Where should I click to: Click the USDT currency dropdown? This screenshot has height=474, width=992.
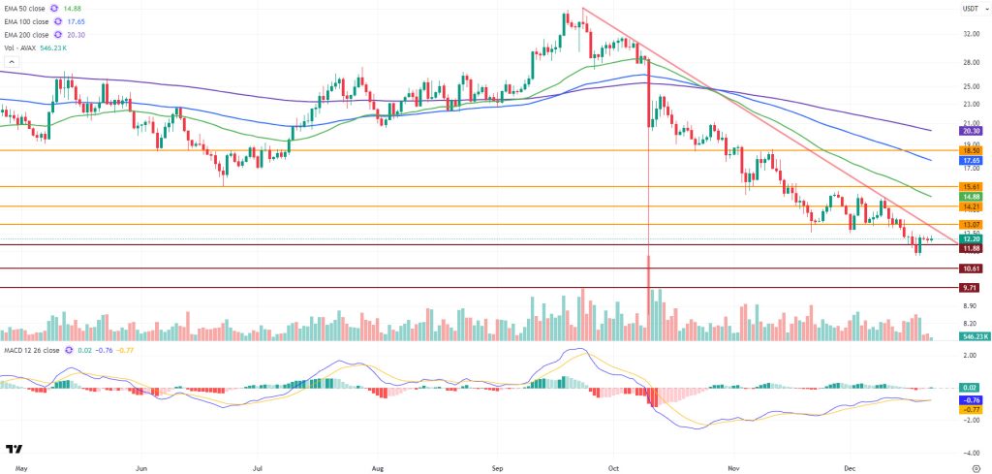coord(970,9)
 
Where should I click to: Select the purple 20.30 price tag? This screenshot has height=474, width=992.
coord(971,130)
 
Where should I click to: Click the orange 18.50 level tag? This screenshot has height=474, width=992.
coord(971,150)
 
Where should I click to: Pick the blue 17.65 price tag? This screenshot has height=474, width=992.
coord(971,160)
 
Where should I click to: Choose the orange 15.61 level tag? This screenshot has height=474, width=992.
coord(971,186)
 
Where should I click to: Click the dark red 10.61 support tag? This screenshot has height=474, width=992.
coord(971,269)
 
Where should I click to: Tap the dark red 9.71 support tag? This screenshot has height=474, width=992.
coord(971,288)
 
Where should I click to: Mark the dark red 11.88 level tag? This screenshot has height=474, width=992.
coord(971,247)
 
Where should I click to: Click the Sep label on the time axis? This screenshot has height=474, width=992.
coord(497,465)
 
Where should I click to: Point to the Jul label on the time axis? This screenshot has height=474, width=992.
coord(260,465)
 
